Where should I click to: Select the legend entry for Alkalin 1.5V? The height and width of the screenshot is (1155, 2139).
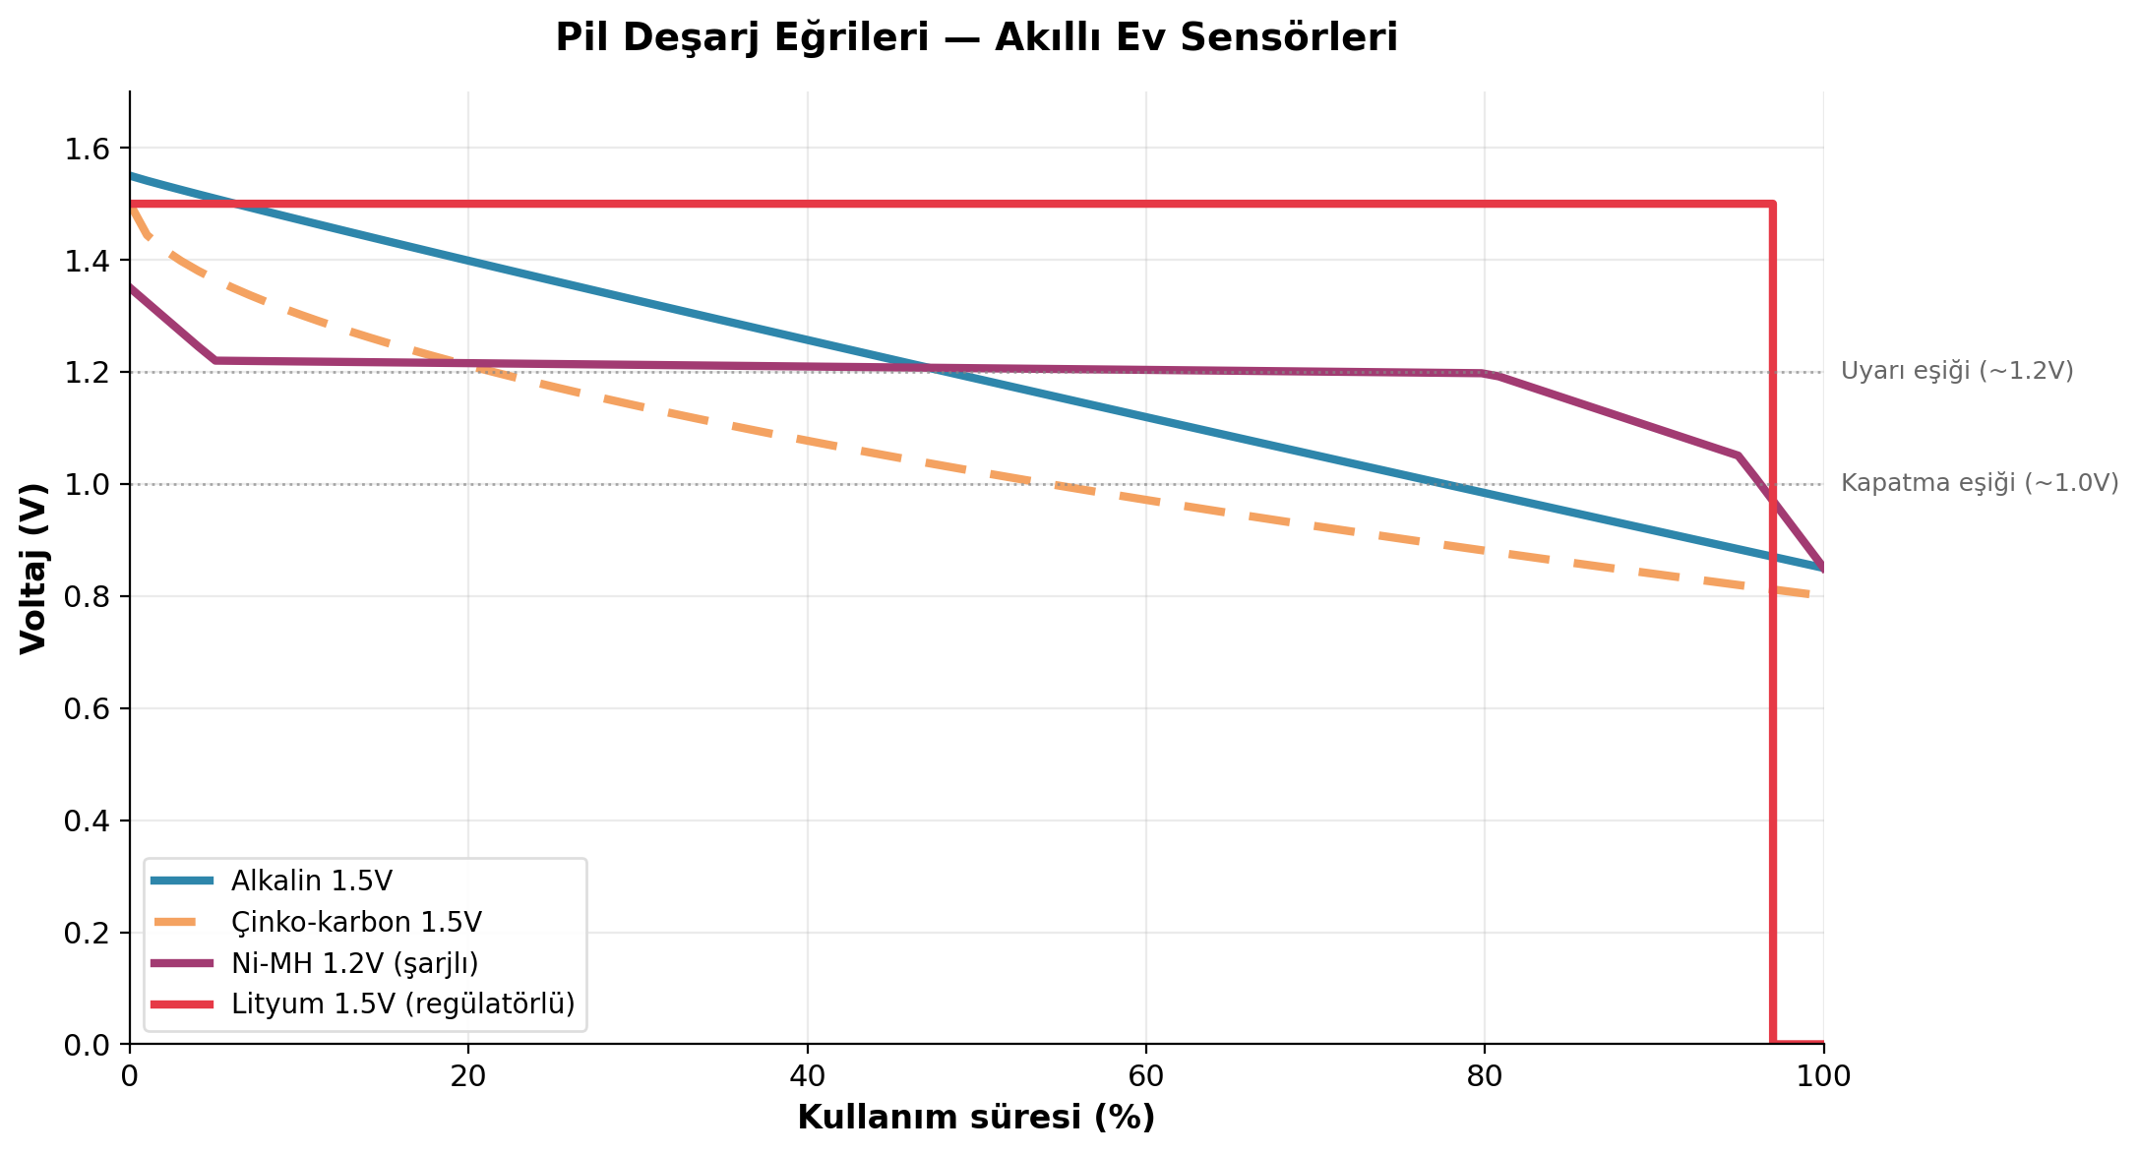click(311, 881)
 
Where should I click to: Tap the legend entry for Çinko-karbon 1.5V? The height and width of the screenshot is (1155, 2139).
click(356, 922)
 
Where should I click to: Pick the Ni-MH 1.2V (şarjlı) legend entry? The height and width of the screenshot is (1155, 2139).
click(354, 963)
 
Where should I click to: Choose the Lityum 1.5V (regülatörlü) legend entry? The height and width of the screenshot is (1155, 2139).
click(402, 1004)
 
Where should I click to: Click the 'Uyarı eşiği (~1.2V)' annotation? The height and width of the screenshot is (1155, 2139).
click(1956, 371)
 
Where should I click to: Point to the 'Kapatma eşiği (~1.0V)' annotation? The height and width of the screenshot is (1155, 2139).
click(1979, 483)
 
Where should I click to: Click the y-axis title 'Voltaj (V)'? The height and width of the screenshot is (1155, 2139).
click(33, 568)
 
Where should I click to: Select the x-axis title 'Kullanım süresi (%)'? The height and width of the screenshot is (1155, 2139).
click(976, 1118)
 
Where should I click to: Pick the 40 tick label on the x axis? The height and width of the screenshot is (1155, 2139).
click(807, 1076)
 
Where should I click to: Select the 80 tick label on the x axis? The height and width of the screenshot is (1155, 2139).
click(1485, 1076)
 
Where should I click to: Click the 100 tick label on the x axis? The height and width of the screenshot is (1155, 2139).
click(1823, 1076)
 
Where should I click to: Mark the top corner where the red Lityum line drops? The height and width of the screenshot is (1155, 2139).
click(1772, 205)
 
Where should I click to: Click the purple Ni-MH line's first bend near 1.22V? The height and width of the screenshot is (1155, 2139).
click(214, 361)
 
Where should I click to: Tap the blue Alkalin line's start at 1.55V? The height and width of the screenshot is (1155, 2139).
click(131, 176)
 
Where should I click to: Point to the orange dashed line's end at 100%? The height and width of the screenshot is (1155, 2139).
click(1822, 596)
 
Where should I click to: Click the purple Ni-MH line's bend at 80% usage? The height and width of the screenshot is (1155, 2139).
click(1485, 374)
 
